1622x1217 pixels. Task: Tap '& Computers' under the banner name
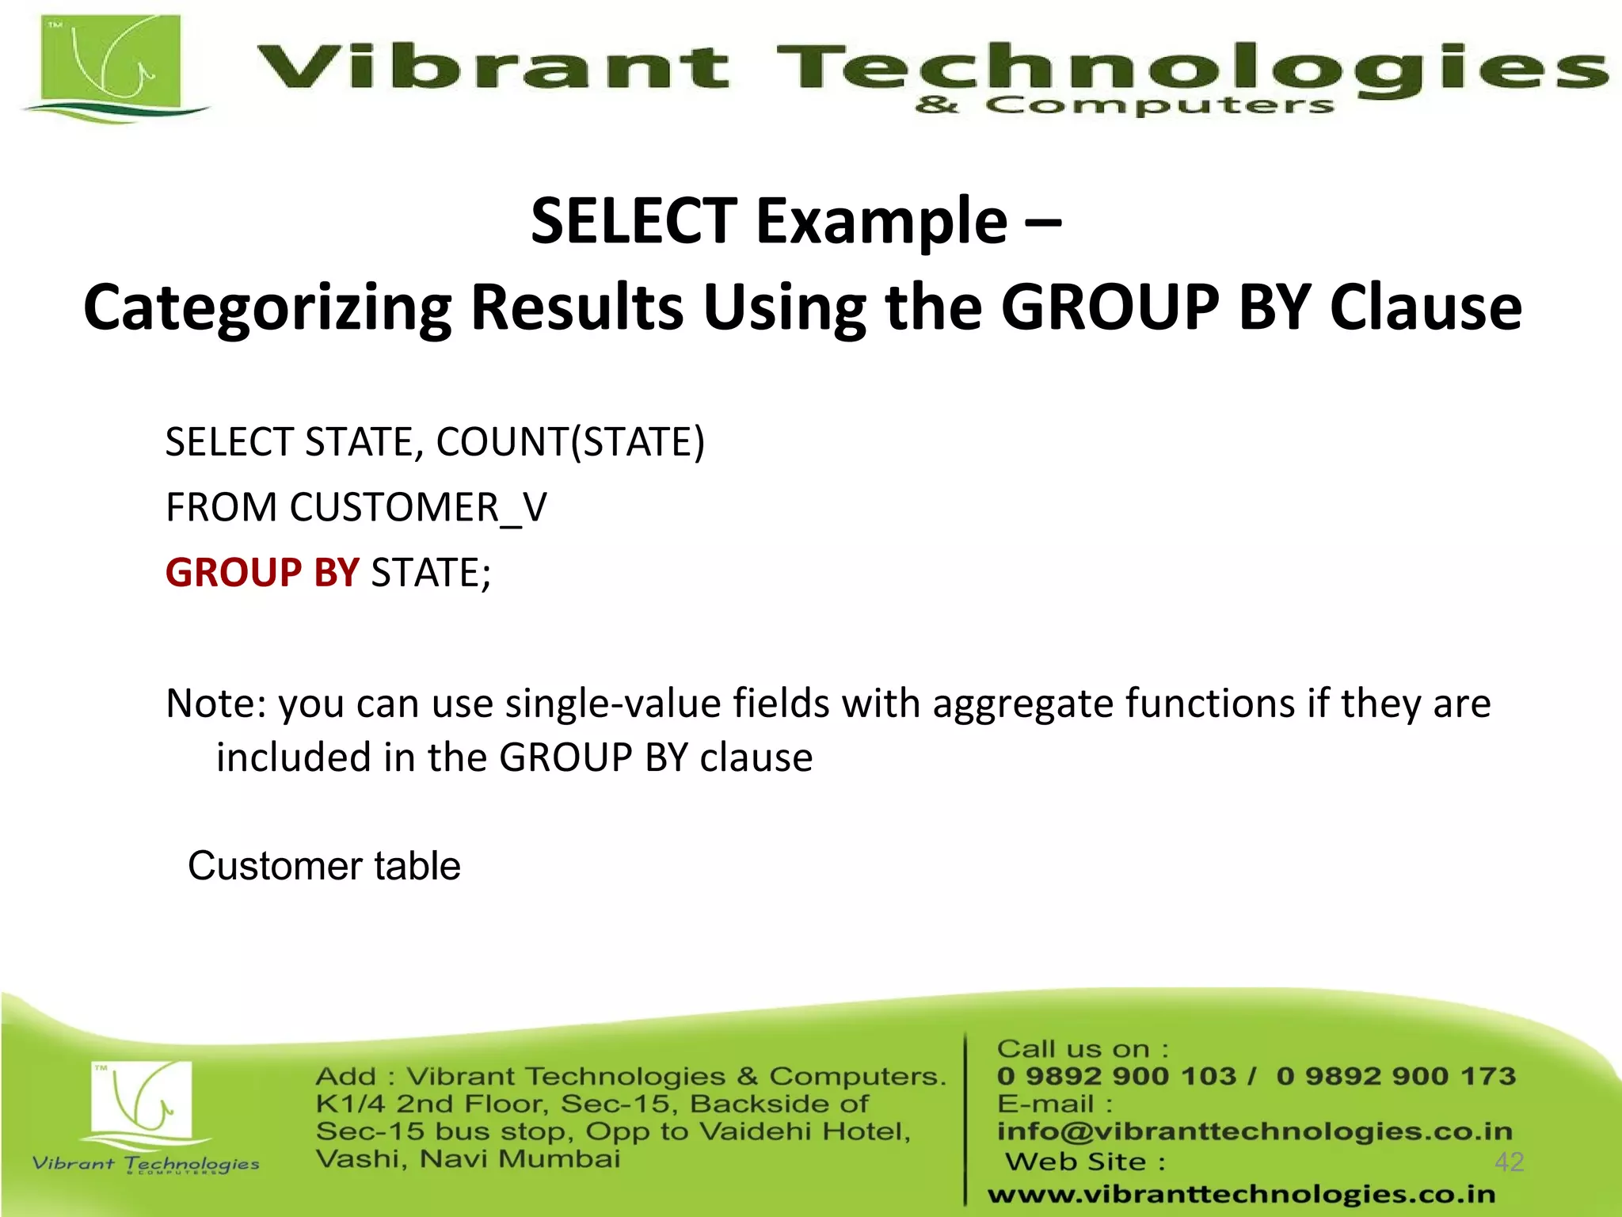pyautogui.click(x=1125, y=105)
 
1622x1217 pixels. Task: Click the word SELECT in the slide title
pyautogui.click(x=634, y=221)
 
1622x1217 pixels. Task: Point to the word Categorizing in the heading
pyautogui.click(x=268, y=307)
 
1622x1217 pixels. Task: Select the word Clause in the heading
pyautogui.click(x=1426, y=307)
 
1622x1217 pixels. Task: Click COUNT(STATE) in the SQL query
pyautogui.click(x=570, y=442)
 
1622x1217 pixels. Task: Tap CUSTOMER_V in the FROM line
pyautogui.click(x=417, y=507)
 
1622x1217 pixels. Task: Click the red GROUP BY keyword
pyautogui.click(x=262, y=572)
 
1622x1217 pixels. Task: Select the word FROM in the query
pyautogui.click(x=221, y=507)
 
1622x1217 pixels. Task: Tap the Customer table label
pyautogui.click(x=324, y=865)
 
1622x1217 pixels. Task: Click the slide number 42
pyautogui.click(x=1509, y=1162)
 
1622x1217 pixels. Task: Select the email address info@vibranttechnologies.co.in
pyautogui.click(x=1255, y=1131)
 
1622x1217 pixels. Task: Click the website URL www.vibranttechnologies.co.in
pyautogui.click(x=1241, y=1194)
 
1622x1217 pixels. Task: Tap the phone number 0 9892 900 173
pyautogui.click(x=1395, y=1076)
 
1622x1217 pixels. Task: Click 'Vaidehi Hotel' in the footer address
pyautogui.click(x=805, y=1131)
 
